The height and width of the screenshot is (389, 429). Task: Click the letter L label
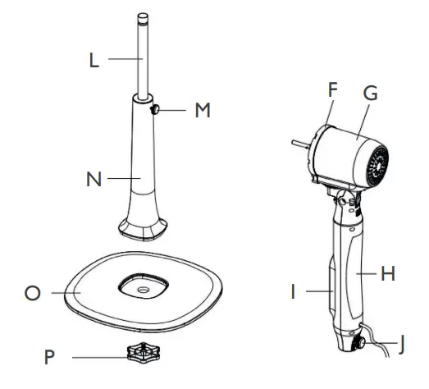click(95, 61)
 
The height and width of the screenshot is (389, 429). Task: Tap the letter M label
click(202, 110)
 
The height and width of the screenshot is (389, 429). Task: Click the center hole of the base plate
click(144, 289)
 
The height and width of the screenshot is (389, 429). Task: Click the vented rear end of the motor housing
click(379, 164)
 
